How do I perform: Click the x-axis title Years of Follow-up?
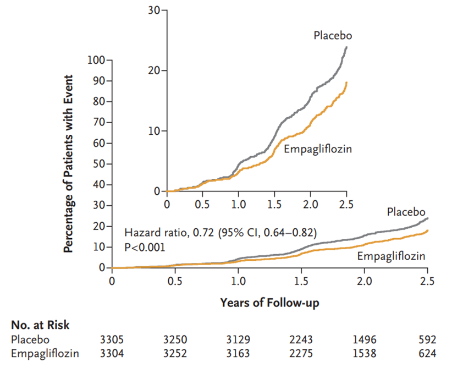click(269, 303)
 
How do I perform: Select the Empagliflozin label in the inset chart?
click(318, 149)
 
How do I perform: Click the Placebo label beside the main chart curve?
click(406, 212)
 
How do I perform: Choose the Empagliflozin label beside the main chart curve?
click(391, 256)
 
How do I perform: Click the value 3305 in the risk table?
click(112, 339)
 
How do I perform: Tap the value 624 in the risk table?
click(427, 353)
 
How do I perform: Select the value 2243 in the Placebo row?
click(301, 339)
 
